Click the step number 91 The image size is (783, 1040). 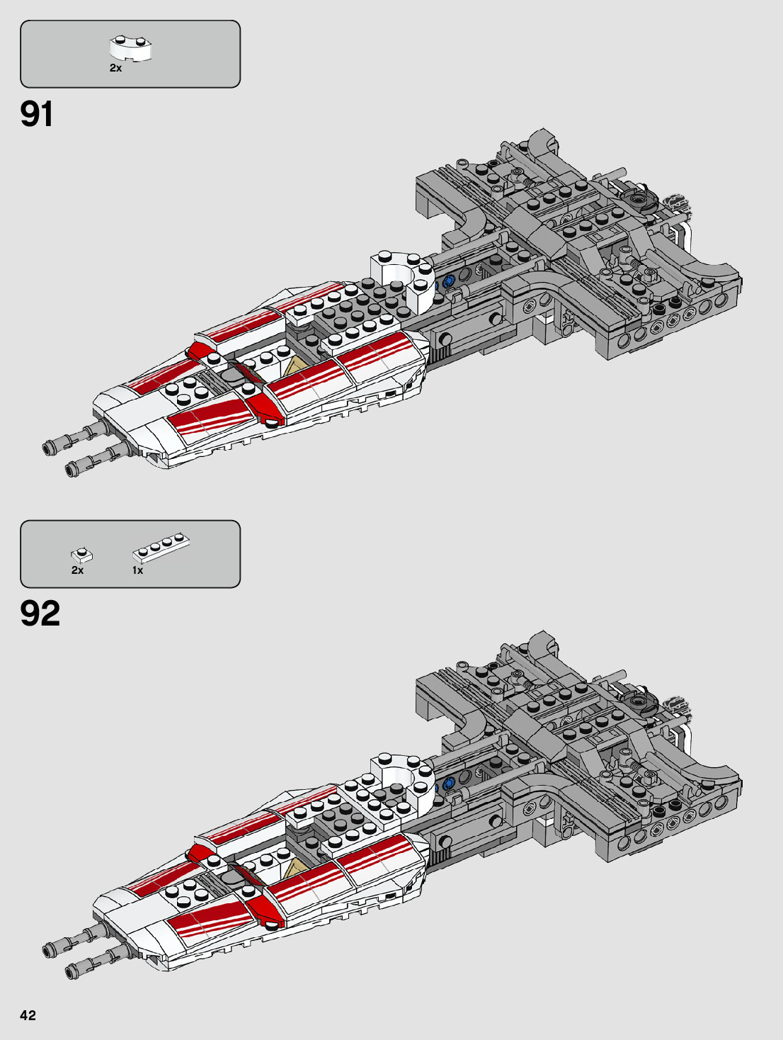pos(37,114)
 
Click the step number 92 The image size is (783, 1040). pos(40,614)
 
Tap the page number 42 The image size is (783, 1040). pos(28,1015)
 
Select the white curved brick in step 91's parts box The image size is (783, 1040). pos(132,48)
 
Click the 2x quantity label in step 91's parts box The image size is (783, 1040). pos(115,69)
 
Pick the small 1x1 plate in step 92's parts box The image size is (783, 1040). pos(81,555)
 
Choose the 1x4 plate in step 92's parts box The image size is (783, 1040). pos(161,548)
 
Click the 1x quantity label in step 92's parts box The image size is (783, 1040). pos(137,570)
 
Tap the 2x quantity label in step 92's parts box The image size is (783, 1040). pos(77,570)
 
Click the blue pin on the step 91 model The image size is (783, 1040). pos(447,282)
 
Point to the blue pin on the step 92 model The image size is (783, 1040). pos(447,784)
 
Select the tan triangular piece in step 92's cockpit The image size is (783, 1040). pos(296,869)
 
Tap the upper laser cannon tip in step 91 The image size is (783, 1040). pos(50,447)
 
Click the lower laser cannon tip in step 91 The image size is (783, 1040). pos(72,468)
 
